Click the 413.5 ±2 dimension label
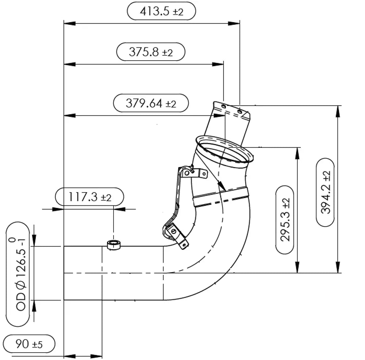[162, 11]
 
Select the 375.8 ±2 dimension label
[151, 52]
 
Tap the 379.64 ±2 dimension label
[151, 103]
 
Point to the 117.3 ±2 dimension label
[90, 197]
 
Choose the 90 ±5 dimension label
[29, 344]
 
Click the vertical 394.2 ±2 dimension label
[325, 192]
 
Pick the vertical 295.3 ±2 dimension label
[285, 220]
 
